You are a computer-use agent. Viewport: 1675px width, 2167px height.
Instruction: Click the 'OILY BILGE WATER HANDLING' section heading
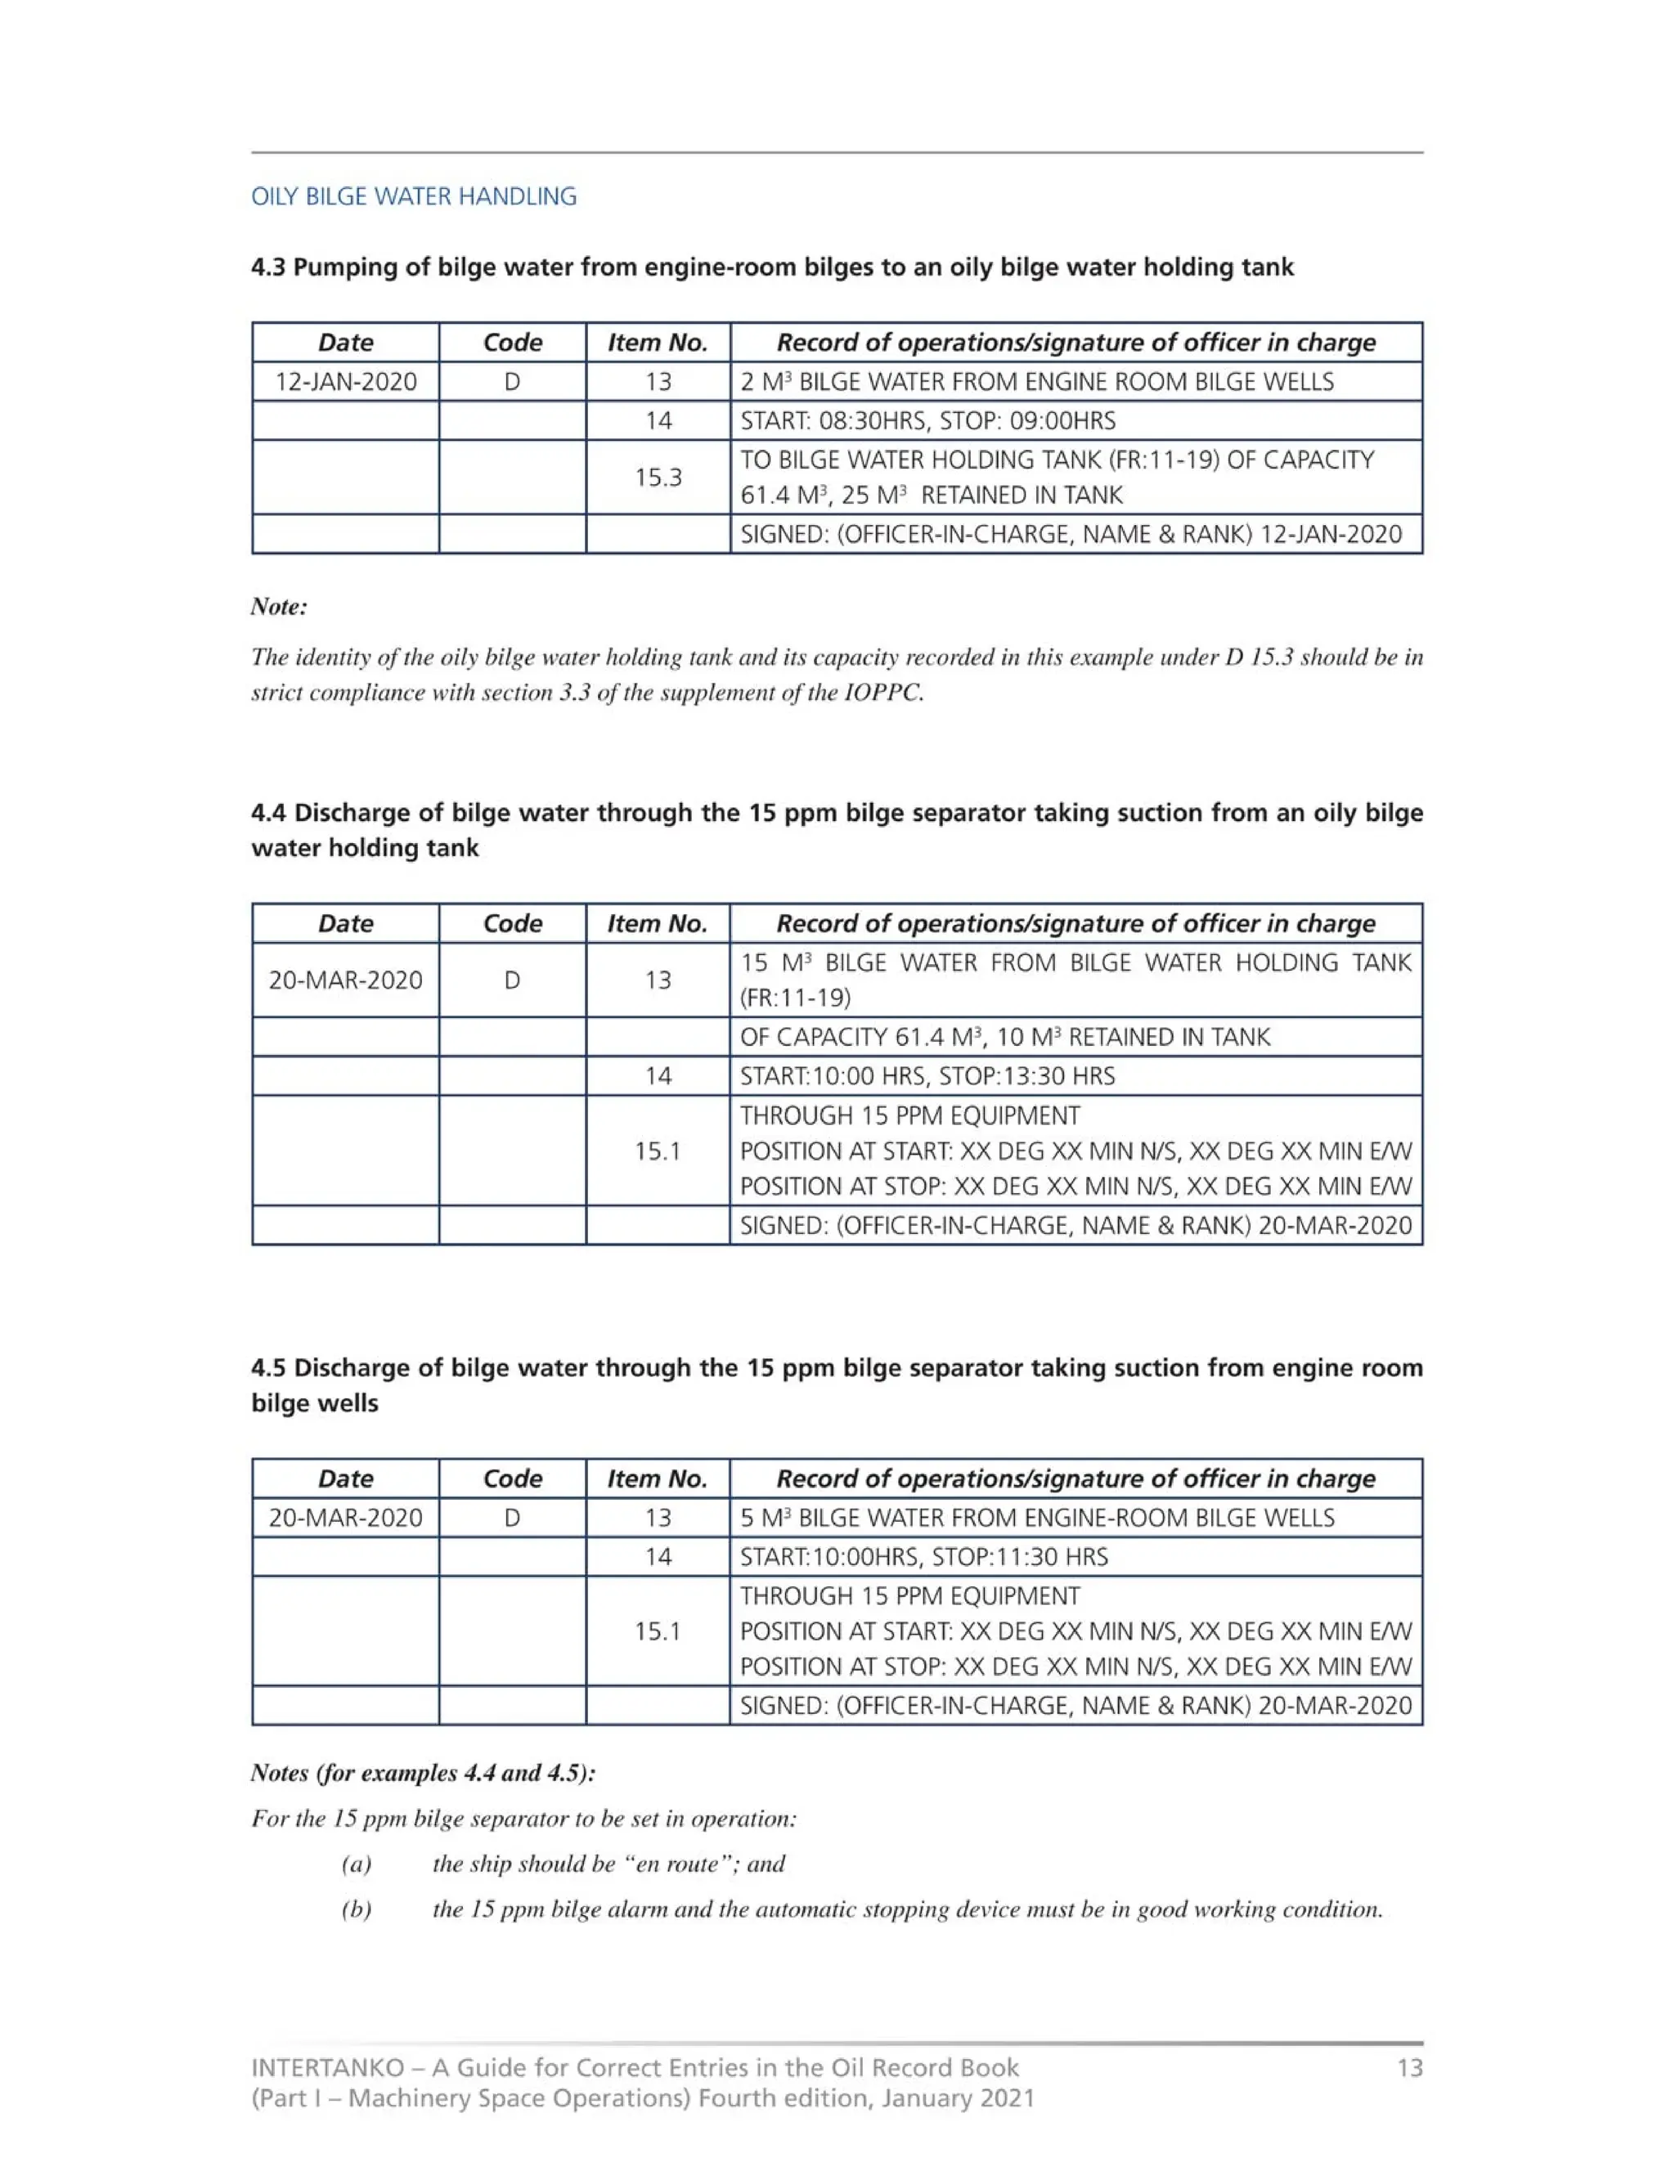tap(413, 196)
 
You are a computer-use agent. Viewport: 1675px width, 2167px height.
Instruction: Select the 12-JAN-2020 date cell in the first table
tap(345, 382)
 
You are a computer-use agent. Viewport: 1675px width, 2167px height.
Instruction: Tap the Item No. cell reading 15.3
tap(658, 478)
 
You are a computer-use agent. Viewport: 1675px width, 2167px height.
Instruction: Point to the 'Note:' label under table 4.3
tap(279, 606)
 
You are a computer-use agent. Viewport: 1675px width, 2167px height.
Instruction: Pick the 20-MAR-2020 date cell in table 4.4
tap(345, 980)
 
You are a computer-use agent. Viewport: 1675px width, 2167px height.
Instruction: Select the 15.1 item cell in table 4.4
tap(658, 1151)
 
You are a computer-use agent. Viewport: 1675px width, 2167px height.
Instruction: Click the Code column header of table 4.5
tap(512, 1478)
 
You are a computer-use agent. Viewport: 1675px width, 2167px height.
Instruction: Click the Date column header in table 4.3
tap(345, 343)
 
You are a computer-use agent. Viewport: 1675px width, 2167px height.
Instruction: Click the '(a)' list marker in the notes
tap(357, 1864)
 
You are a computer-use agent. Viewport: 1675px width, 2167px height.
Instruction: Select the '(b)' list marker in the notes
tap(357, 1909)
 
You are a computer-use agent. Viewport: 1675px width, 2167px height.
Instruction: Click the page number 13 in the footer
tap(1409, 2068)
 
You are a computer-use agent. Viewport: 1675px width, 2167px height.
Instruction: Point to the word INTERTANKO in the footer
tap(327, 2068)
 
